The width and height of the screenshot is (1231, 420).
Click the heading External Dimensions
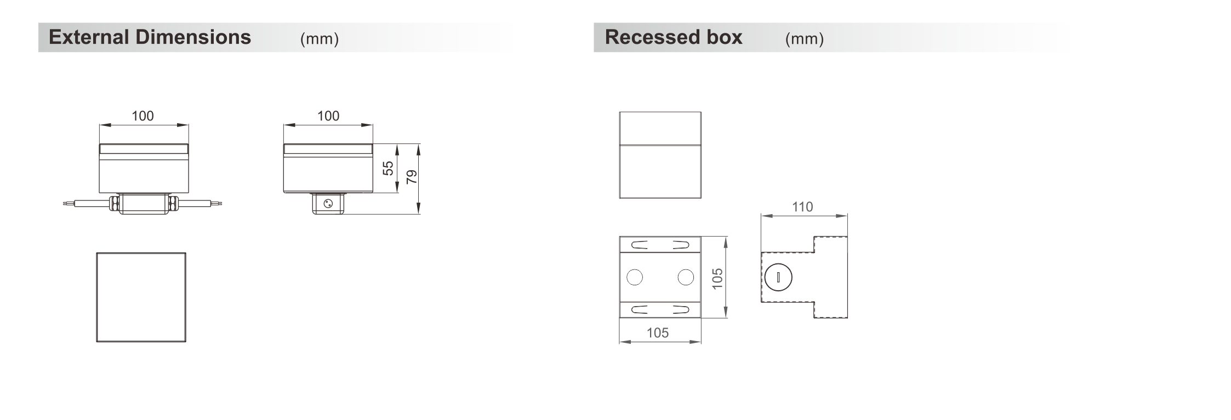[150, 37]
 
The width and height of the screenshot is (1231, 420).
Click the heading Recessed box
[674, 37]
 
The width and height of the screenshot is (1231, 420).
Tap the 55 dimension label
[388, 168]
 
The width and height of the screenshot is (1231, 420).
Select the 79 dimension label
[412, 176]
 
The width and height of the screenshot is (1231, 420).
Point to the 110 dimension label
[802, 207]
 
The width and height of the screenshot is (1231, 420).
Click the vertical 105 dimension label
[717, 279]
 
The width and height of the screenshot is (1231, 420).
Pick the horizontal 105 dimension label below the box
[658, 333]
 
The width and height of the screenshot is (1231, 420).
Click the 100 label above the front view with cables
[143, 116]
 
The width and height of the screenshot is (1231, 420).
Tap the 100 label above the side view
[328, 116]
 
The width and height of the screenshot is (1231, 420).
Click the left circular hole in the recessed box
[635, 278]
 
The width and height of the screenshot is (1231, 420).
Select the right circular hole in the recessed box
[686, 278]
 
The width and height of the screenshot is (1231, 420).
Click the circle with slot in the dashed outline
[778, 277]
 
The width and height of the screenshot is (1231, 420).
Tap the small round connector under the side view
[328, 204]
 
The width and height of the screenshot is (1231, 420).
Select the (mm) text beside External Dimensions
[320, 39]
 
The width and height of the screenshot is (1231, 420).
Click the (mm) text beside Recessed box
[805, 39]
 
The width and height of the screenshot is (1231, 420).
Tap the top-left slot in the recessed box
[639, 245]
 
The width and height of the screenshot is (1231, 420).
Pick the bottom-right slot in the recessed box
[681, 310]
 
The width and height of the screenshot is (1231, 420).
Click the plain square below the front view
[141, 297]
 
